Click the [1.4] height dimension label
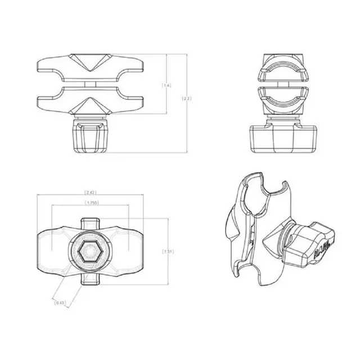(166, 85)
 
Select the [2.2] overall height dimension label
(187, 98)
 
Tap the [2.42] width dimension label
(89, 192)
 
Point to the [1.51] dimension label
(168, 251)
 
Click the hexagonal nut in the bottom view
(90, 253)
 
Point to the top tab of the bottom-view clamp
(90, 223)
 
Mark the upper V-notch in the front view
(90, 66)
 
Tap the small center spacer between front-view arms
(90, 84)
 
